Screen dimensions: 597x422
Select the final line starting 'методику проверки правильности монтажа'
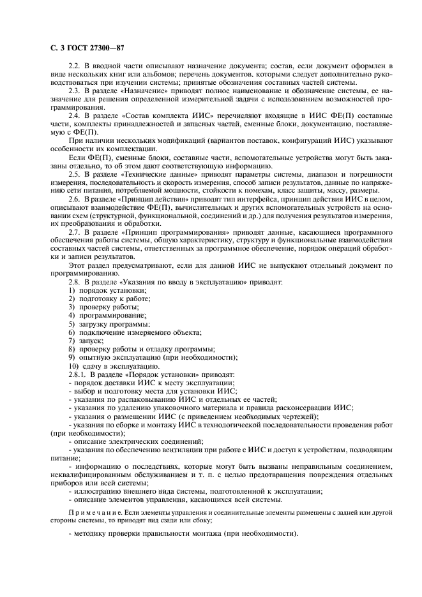pyautogui.click(x=182, y=533)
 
